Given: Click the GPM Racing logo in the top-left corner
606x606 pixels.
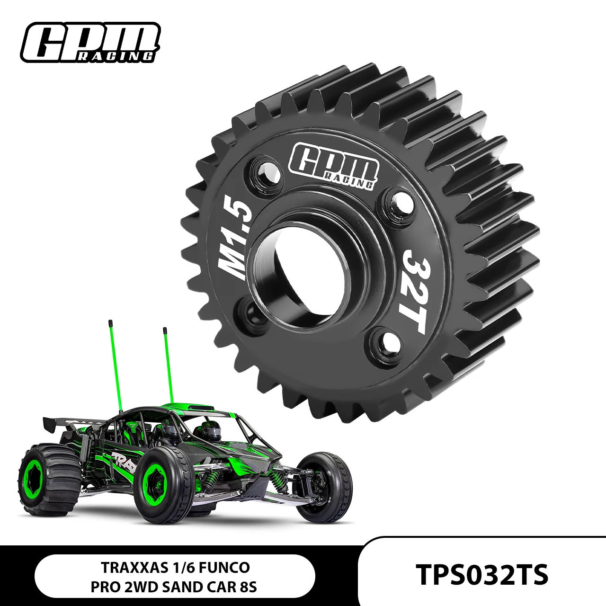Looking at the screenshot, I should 90,43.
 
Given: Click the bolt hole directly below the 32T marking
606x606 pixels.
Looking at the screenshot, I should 385,343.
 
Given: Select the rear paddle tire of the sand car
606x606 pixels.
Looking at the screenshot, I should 47,478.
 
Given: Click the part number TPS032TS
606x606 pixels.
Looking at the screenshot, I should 482,574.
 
